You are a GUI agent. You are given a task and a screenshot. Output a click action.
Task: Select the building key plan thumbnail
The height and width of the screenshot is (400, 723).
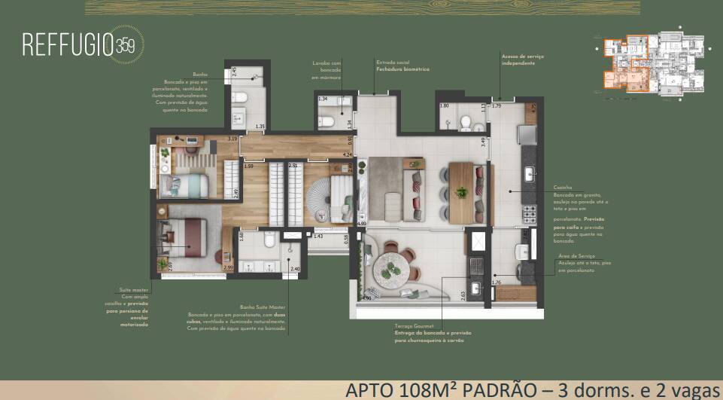pyautogui.click(x=649, y=65)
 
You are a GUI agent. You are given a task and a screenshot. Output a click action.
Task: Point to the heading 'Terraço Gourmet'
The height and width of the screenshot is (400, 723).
pyautogui.click(x=414, y=326)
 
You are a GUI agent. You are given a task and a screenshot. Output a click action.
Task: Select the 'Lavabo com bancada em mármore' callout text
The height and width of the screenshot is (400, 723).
pyautogui.click(x=327, y=70)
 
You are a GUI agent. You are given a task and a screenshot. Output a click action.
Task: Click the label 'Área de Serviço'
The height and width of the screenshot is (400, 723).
pyautogui.click(x=576, y=256)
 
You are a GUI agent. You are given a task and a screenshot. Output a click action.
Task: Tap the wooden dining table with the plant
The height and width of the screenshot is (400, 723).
pyautogui.click(x=461, y=192)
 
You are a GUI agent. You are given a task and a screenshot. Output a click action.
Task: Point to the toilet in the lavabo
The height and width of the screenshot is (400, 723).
pyautogui.click(x=329, y=118)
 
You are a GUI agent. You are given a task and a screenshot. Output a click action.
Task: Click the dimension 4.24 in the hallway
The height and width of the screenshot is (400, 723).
pyautogui.click(x=347, y=155)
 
